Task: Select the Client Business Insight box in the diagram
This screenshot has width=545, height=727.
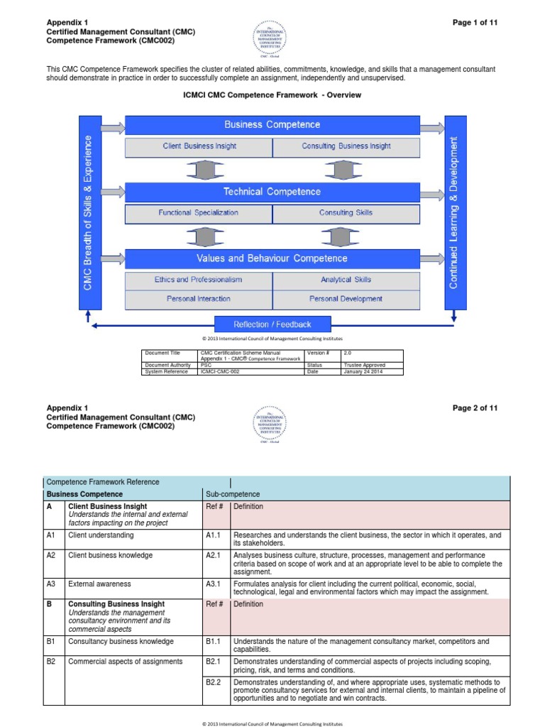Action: coord(199,146)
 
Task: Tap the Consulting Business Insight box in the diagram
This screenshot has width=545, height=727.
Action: coord(346,146)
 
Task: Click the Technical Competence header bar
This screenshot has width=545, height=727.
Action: coord(272,192)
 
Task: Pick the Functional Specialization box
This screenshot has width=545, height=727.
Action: coord(199,212)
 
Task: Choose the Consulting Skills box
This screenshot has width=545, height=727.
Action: coord(346,212)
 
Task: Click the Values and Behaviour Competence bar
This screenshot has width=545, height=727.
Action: coord(272,258)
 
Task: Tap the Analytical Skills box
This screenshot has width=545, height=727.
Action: coord(346,280)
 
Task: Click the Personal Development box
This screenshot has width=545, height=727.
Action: coord(346,299)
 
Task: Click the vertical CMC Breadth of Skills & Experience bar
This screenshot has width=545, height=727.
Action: coord(87,212)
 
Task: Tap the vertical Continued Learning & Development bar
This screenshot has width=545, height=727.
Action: coord(455,212)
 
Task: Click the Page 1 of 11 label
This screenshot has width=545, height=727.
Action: coord(475,23)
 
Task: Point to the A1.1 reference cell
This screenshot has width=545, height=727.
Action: coord(216,535)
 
